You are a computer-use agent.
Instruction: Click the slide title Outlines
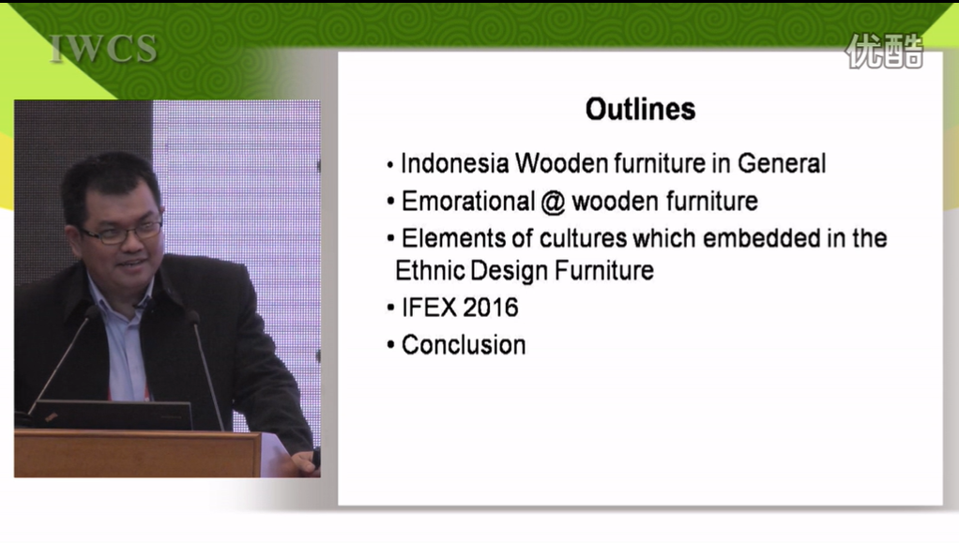640,110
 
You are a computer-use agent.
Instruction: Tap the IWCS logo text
103,49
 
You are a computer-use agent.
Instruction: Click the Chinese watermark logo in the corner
884,51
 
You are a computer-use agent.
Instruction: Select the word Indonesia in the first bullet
454,163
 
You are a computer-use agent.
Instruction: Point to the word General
782,163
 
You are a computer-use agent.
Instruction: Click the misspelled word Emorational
468,202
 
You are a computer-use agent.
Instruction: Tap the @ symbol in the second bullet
553,203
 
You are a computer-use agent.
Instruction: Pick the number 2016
491,307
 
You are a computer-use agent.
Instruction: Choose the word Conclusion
464,345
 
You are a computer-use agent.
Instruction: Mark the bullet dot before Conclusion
390,345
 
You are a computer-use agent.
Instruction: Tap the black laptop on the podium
112,415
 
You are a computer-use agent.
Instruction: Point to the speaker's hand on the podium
306,461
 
